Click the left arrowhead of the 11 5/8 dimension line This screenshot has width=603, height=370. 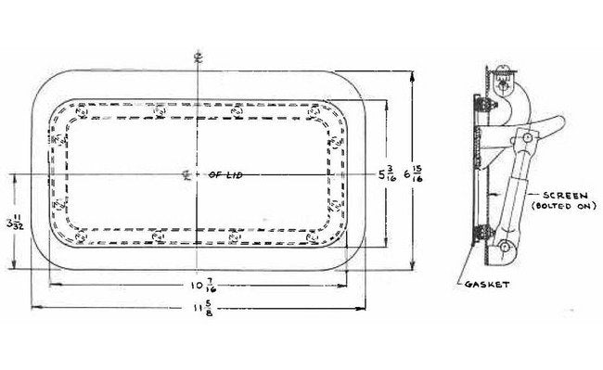point(34,307)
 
